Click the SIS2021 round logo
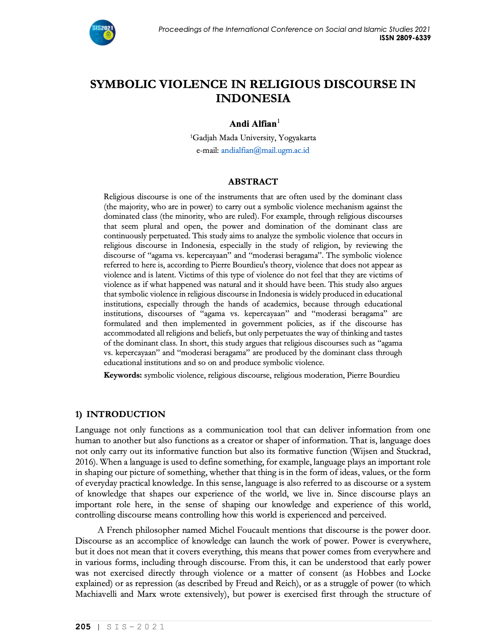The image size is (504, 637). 102,33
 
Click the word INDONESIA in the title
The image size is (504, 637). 253,98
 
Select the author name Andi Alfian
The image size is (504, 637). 253,124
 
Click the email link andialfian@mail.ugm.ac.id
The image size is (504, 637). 265,150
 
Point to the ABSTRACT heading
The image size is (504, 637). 253,182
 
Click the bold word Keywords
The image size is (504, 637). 123,375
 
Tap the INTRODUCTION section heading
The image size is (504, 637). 126,414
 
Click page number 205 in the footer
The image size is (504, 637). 83,627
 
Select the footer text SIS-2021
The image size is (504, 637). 136,627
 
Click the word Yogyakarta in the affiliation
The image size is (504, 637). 297,138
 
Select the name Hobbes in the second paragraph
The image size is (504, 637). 369,573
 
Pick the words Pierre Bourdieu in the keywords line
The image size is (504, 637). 373,375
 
